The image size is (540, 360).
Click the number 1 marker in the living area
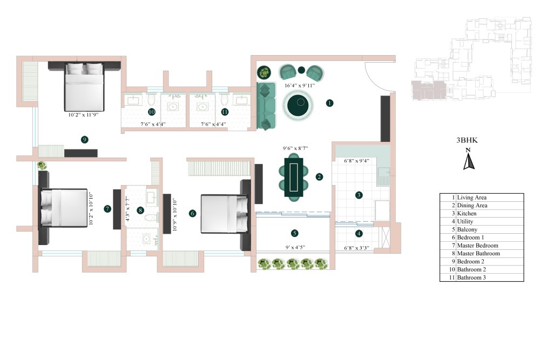point(329,103)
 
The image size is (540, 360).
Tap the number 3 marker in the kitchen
point(359,195)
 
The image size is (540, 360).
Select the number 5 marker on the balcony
point(294,233)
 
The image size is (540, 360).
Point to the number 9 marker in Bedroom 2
point(84,139)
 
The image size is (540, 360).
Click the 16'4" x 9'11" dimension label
point(300,85)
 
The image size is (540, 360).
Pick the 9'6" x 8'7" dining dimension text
point(295,148)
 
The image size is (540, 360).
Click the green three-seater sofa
point(266,106)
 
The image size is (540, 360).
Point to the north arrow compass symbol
point(469,161)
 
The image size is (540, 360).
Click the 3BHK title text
point(468,140)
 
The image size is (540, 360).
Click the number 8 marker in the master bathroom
point(140,210)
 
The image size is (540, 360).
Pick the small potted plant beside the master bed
point(42,166)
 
